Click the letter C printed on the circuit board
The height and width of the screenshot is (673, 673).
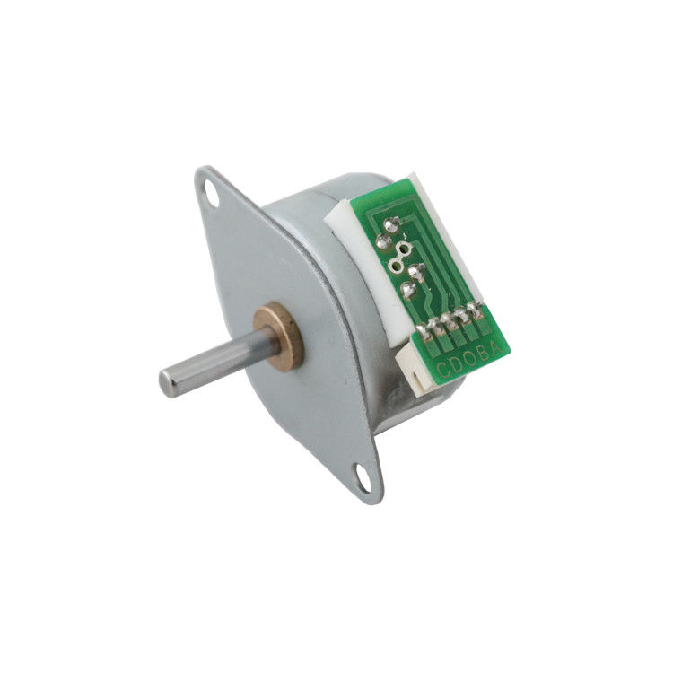(x=443, y=370)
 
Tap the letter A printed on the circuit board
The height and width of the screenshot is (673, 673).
(x=494, y=347)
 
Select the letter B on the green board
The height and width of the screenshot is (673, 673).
(x=483, y=354)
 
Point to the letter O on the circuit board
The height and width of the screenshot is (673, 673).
(x=469, y=359)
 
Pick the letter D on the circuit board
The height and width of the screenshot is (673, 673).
(x=456, y=364)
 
